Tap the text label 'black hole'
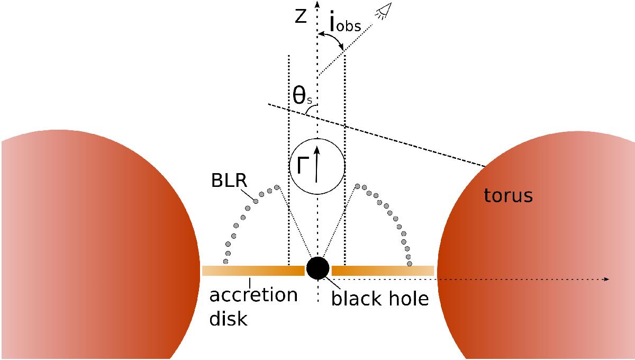[x=379, y=299]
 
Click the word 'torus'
[x=508, y=196]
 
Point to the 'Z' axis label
[x=301, y=17]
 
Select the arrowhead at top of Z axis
[x=316, y=5]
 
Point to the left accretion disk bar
[x=253, y=271]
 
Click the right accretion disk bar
[x=383, y=271]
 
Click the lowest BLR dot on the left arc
[x=226, y=261]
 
